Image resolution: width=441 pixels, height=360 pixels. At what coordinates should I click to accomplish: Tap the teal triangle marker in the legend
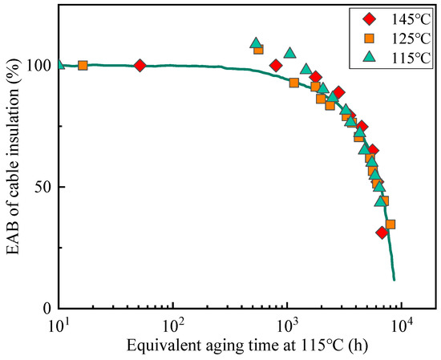370,56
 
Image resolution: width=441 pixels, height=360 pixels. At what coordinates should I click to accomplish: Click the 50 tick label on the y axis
41,187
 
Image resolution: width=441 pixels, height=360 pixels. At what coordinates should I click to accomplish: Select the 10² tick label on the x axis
172,325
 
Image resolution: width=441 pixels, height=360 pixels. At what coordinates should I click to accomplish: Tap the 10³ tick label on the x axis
286,325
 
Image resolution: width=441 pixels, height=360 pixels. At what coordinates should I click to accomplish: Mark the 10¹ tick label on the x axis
59,325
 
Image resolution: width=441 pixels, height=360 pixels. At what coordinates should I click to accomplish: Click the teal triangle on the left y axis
59,65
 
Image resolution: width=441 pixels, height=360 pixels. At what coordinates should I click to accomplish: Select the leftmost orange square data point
83,66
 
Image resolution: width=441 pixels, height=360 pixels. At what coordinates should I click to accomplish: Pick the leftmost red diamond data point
140,66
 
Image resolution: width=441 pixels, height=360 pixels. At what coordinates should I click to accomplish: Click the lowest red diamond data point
382,233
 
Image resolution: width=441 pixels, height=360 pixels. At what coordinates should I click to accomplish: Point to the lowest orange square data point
390,224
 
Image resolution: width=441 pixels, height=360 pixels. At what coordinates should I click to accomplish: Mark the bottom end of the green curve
394,280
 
